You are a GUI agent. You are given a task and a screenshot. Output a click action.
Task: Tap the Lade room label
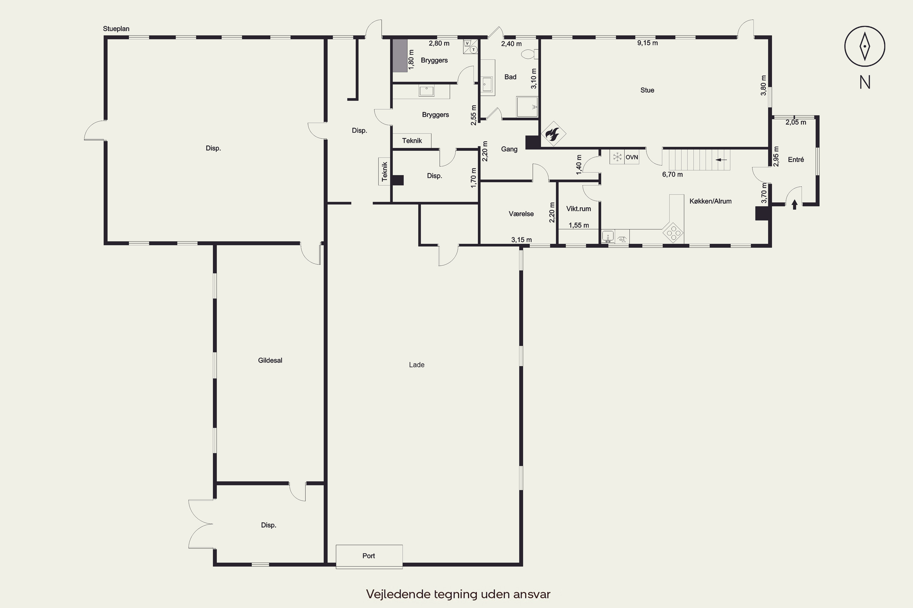pos(417,364)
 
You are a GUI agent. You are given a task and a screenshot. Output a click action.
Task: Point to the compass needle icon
pos(865,46)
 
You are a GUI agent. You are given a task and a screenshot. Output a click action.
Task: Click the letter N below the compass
pos(865,82)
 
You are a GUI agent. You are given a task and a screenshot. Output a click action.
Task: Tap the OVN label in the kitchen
pos(631,157)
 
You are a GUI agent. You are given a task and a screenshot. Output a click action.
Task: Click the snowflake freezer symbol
pos(617,157)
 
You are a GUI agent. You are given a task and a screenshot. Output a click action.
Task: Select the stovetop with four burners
pos(672,232)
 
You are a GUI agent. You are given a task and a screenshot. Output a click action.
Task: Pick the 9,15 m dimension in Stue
pos(648,43)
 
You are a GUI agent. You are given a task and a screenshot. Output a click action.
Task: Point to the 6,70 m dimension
pos(672,174)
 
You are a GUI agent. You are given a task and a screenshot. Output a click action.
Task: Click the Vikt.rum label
pos(579,209)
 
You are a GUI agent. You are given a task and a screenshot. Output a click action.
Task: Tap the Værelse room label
pos(521,214)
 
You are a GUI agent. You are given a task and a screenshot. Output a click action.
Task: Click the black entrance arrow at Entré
pos(794,204)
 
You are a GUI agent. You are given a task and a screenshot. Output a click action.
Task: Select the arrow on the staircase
pos(722,159)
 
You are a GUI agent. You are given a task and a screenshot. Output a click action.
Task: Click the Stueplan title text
pos(116,29)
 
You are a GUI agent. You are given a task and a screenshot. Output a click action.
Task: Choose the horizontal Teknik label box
pos(412,140)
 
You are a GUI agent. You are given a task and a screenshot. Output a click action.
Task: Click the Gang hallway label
pos(509,149)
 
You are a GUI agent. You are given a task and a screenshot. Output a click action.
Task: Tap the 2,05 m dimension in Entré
pos(796,123)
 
